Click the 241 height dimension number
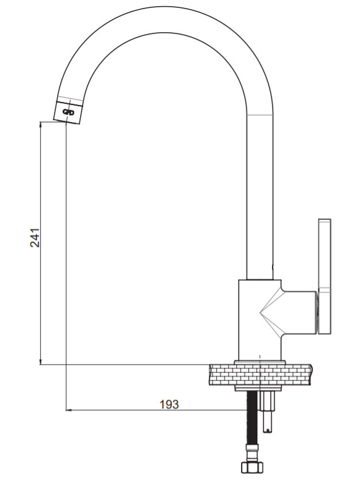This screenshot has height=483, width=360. [x=35, y=237]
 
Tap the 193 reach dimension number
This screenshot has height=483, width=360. [x=169, y=404]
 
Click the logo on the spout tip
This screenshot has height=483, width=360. [x=69, y=112]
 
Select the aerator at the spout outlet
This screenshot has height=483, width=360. [x=68, y=112]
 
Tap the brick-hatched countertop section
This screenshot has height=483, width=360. [x=260, y=374]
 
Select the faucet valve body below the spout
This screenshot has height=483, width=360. [x=260, y=320]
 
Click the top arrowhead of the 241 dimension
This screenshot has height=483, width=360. [x=41, y=124]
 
